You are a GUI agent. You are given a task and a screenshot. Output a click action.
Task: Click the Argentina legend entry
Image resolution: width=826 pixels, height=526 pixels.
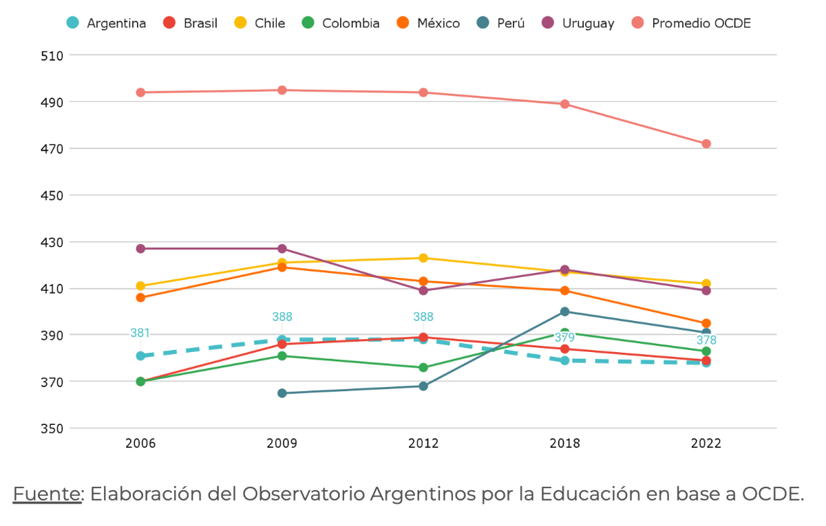[107, 23]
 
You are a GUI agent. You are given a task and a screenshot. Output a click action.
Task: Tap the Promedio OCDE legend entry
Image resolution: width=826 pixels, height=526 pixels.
[692, 23]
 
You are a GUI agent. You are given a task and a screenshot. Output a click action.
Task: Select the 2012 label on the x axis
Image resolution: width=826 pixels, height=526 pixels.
[423, 444]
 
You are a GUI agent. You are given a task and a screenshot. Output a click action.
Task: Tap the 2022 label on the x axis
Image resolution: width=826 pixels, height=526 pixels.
[706, 444]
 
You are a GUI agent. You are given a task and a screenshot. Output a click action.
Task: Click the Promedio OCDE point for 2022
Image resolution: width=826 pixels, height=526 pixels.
[706, 144]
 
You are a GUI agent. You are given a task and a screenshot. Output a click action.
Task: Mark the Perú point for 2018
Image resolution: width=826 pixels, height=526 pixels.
[564, 311]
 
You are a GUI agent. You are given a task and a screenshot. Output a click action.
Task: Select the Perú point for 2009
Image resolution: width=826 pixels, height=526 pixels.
[282, 393]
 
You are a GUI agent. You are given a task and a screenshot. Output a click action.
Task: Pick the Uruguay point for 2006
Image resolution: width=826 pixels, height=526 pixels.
[140, 248]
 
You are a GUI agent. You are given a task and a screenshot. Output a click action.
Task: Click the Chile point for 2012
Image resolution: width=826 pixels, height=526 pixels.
[423, 258]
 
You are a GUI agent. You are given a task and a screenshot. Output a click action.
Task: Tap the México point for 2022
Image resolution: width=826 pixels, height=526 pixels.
[706, 323]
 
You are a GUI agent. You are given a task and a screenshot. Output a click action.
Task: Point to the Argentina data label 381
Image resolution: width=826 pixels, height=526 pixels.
[140, 333]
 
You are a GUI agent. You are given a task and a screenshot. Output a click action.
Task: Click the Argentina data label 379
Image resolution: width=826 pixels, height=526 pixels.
[564, 338]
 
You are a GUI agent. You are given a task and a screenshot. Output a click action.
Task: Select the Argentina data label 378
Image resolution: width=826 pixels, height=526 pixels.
[706, 340]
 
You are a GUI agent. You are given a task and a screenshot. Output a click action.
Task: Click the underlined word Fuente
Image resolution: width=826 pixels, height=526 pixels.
[47, 494]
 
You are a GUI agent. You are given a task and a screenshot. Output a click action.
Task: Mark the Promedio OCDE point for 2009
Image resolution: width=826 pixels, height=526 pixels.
[282, 90]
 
